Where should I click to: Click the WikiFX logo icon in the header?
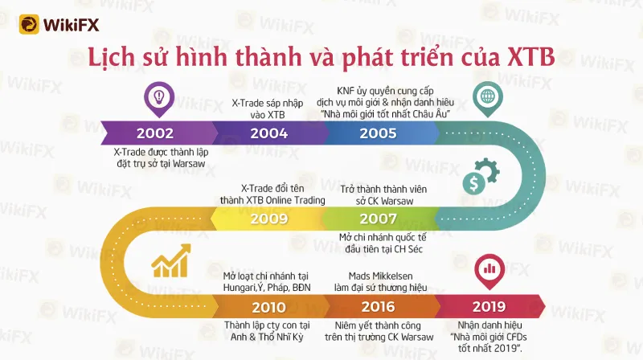[x=29, y=25]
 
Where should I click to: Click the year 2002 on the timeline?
[x=155, y=133]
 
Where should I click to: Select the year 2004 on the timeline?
[x=269, y=133]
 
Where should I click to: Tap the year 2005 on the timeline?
[x=378, y=133]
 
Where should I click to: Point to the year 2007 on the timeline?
[x=378, y=219]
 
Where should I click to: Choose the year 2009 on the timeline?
[x=269, y=219]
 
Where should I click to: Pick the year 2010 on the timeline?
[x=269, y=307]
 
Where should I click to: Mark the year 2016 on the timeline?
[x=378, y=307]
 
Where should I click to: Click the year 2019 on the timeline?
[x=489, y=307]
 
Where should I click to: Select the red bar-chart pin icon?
[x=489, y=271]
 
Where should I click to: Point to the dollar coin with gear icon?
[x=481, y=176]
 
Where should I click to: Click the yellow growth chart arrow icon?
[x=171, y=261]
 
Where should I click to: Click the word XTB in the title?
[x=531, y=56]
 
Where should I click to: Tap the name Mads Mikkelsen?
[x=380, y=276]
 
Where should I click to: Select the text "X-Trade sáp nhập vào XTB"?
[x=268, y=108]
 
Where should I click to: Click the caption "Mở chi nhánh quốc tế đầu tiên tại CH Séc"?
[x=383, y=243]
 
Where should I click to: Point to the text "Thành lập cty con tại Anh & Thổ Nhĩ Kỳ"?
[x=267, y=331]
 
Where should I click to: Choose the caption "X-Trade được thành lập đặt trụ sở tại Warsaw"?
[x=161, y=157]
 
